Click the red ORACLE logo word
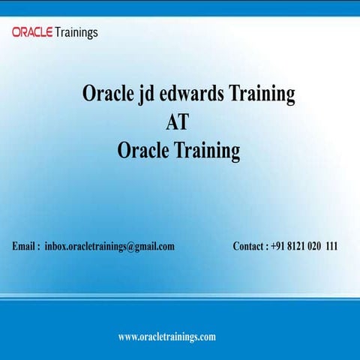[32, 32]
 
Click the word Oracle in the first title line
[106, 94]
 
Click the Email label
[25, 246]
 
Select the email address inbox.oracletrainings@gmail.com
[109, 246]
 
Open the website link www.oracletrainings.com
[167, 337]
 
